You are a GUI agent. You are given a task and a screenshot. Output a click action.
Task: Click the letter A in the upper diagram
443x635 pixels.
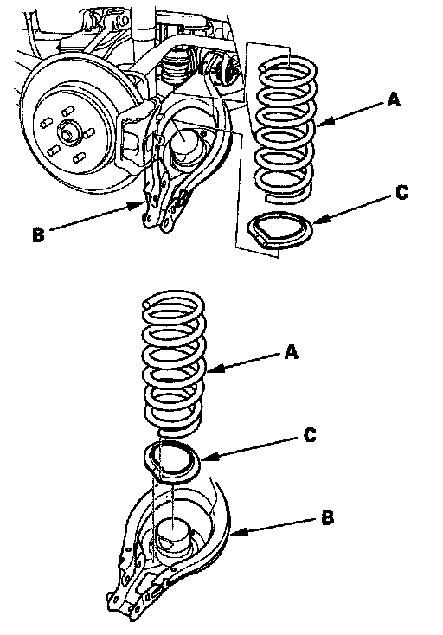click(x=393, y=99)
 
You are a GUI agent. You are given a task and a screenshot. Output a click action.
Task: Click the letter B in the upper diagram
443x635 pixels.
click(x=38, y=235)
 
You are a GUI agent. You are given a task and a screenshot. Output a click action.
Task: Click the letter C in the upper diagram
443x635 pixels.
click(x=401, y=193)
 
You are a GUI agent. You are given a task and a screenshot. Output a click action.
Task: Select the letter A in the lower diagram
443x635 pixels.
click(x=291, y=352)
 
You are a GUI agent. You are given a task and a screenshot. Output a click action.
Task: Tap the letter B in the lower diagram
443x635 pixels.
click(x=328, y=518)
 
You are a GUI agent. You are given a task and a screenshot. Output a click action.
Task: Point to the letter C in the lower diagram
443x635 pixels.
click(x=310, y=435)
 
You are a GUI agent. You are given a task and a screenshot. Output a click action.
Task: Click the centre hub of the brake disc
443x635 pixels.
click(x=67, y=133)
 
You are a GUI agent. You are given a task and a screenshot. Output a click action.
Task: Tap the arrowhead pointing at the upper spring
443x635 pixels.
click(x=323, y=121)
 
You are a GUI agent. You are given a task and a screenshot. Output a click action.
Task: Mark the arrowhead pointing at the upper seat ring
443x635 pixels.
click(x=318, y=220)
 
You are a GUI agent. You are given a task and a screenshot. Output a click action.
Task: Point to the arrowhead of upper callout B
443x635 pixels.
click(x=139, y=205)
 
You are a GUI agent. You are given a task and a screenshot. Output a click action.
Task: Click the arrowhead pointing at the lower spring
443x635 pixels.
click(x=212, y=369)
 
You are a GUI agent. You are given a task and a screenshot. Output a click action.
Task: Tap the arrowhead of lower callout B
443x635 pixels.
click(x=237, y=533)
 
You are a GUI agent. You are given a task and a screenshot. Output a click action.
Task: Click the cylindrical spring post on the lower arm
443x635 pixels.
click(x=172, y=535)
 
